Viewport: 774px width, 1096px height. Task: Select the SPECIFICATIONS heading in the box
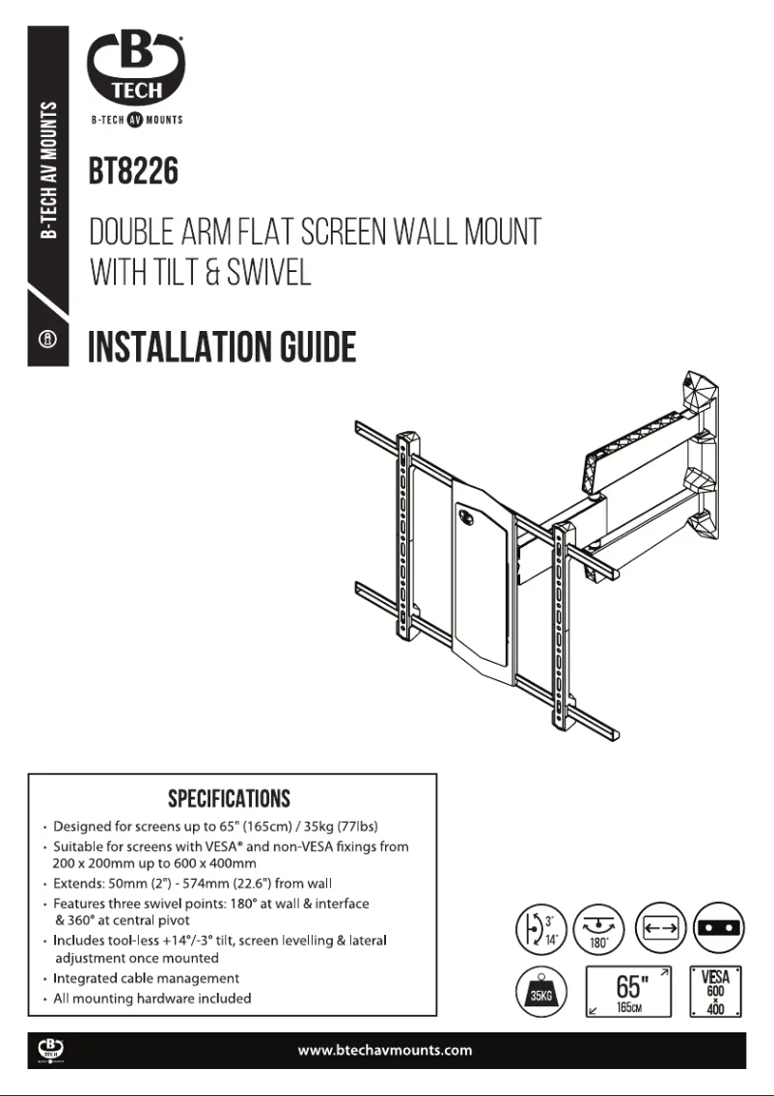229,799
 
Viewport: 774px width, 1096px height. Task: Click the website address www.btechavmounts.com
386,1050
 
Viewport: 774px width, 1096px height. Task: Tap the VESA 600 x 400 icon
715,991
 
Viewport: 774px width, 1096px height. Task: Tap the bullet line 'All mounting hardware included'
152,999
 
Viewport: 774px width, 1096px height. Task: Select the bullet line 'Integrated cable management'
146,978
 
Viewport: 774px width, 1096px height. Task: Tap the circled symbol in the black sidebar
47,341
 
